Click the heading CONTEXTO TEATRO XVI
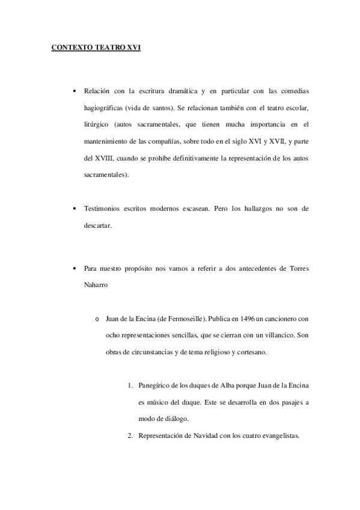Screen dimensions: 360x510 click(96, 48)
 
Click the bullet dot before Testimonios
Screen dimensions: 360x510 click(73, 209)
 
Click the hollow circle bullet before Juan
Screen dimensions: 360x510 click(96, 318)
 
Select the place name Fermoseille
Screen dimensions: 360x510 click(186, 318)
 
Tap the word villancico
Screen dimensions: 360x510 click(275, 334)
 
